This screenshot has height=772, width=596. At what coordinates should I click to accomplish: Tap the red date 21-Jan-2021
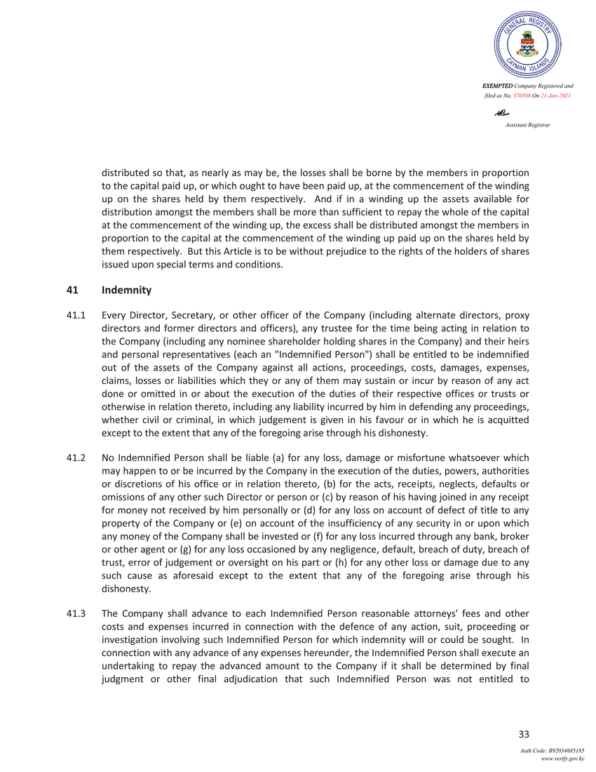(554, 95)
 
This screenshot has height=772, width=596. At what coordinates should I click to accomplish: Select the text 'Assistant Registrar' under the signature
(527, 125)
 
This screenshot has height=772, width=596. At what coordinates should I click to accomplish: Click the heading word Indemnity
(126, 289)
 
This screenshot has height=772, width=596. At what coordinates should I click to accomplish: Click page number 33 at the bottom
(523, 734)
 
